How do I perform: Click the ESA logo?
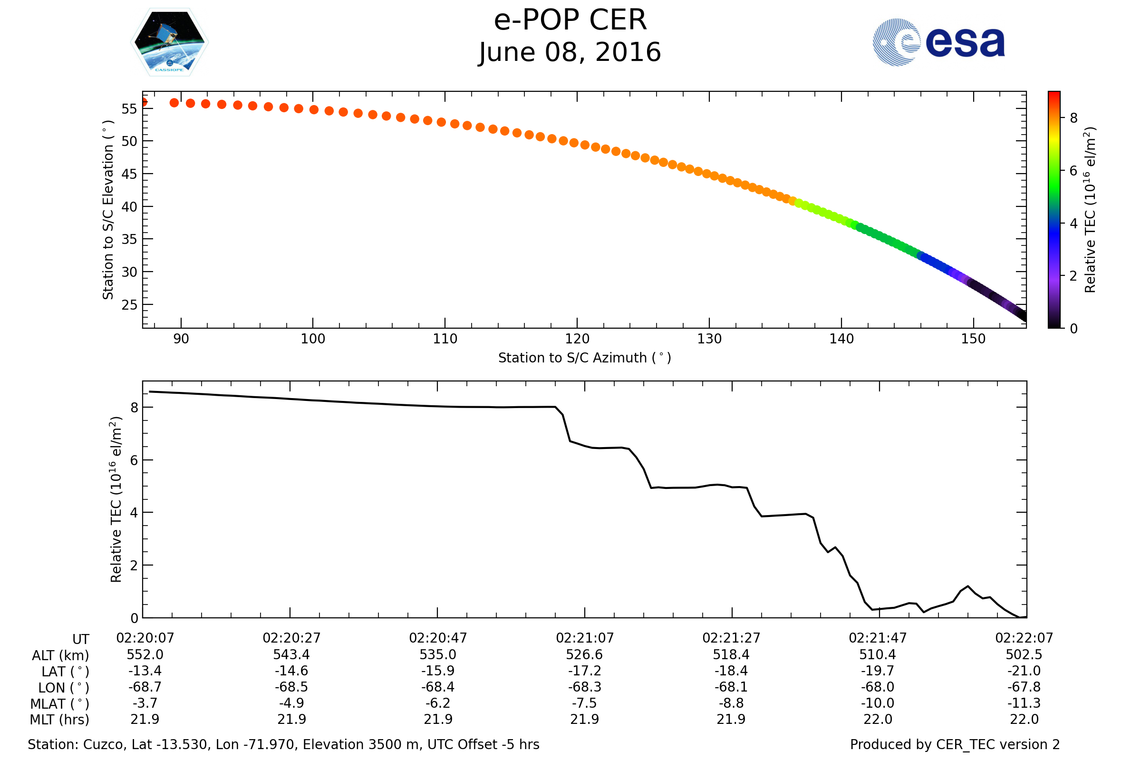938,42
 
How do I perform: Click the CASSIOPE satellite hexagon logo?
170,42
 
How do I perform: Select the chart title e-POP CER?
570,20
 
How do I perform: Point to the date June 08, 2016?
570,52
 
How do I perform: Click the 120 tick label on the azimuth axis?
577,339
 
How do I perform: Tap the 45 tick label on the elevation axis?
129,174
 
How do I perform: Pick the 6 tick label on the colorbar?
1073,171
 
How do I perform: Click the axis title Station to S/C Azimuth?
585,358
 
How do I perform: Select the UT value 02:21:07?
585,638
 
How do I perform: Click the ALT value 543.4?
291,655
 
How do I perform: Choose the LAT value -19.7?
878,671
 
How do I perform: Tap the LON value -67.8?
1024,687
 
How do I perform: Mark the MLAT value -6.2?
437,703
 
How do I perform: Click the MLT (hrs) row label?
60,720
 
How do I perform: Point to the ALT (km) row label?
61,656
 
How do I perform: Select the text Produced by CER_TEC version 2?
955,745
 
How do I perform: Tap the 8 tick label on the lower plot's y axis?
135,408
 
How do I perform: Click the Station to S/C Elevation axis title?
108,210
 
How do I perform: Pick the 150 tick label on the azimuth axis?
973,339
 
